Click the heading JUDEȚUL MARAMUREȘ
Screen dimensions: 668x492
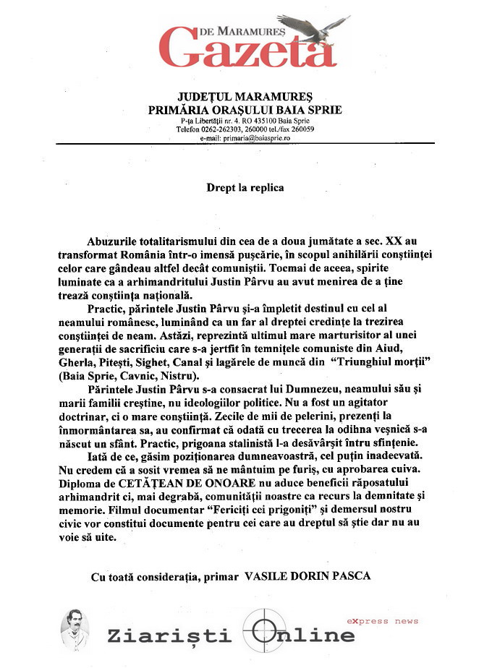pos(245,96)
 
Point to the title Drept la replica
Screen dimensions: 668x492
pos(245,187)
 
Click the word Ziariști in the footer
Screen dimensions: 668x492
pos(169,635)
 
